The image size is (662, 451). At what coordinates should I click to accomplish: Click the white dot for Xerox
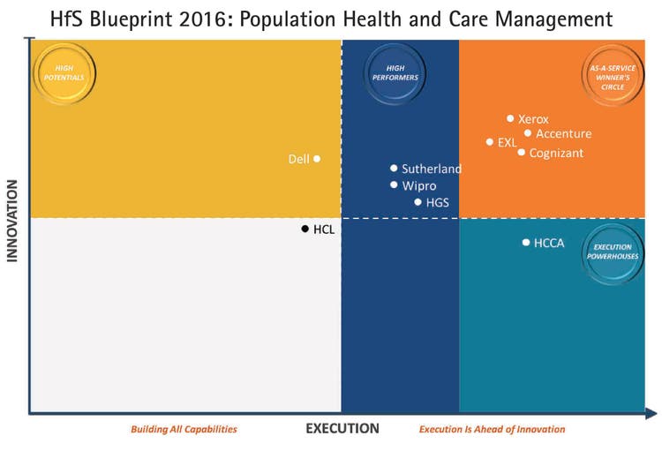pos(510,118)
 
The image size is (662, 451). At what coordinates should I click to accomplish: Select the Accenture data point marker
pos(528,133)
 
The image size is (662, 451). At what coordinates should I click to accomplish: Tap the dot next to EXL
pos(490,142)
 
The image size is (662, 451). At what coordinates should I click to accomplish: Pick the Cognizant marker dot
pos(522,153)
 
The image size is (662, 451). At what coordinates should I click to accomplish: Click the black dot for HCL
pos(305,229)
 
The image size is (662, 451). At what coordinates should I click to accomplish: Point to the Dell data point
pos(317,159)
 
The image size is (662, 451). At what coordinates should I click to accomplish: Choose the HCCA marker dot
pos(526,242)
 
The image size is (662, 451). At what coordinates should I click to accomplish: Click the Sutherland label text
pos(432,169)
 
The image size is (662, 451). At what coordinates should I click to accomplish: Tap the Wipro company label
pos(419,185)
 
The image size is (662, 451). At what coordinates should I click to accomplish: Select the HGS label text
pos(438,203)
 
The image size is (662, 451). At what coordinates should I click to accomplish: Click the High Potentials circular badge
pos(64,73)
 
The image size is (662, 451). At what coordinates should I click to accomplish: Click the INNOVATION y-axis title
pos(13,221)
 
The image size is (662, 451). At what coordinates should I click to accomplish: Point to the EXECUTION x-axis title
pos(342,429)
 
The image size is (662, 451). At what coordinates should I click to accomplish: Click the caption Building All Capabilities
pos(184,430)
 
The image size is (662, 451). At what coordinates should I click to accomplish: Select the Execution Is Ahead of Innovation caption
pos(492,430)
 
